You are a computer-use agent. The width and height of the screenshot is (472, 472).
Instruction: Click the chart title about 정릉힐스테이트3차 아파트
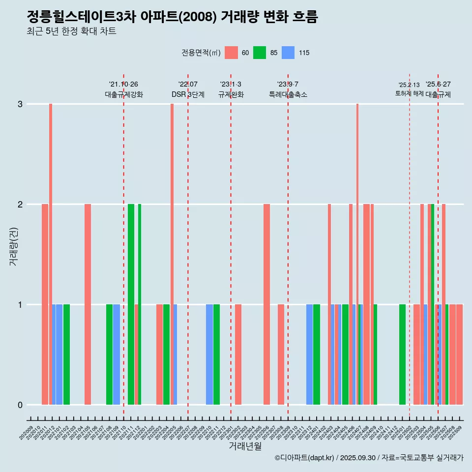(172, 17)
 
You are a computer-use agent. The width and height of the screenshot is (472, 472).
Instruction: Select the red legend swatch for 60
(231, 53)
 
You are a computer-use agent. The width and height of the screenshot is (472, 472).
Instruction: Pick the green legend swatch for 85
(260, 53)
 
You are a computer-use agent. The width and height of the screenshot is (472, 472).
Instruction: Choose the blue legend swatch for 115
(288, 53)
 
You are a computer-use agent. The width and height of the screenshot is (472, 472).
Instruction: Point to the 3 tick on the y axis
(20, 104)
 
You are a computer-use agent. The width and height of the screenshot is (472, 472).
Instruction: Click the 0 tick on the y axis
(20, 405)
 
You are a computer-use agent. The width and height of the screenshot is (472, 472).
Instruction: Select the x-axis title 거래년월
(245, 446)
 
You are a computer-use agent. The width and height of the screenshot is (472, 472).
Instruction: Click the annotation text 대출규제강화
(124, 95)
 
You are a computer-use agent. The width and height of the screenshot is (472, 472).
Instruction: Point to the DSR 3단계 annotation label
(188, 95)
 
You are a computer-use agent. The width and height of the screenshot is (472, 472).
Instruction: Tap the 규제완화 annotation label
(231, 95)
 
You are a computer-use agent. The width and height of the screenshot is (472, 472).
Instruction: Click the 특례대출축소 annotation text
(288, 95)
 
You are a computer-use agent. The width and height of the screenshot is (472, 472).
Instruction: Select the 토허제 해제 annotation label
(409, 93)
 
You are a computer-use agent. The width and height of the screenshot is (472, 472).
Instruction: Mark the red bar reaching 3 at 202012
(51, 254)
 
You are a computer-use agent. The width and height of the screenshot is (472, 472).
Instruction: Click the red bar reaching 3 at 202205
(172, 254)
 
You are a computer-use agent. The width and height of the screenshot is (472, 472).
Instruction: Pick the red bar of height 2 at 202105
(88, 304)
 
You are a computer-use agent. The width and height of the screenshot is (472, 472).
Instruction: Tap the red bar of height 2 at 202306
(266, 304)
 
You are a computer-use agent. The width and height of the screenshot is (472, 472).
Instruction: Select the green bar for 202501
(402, 354)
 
